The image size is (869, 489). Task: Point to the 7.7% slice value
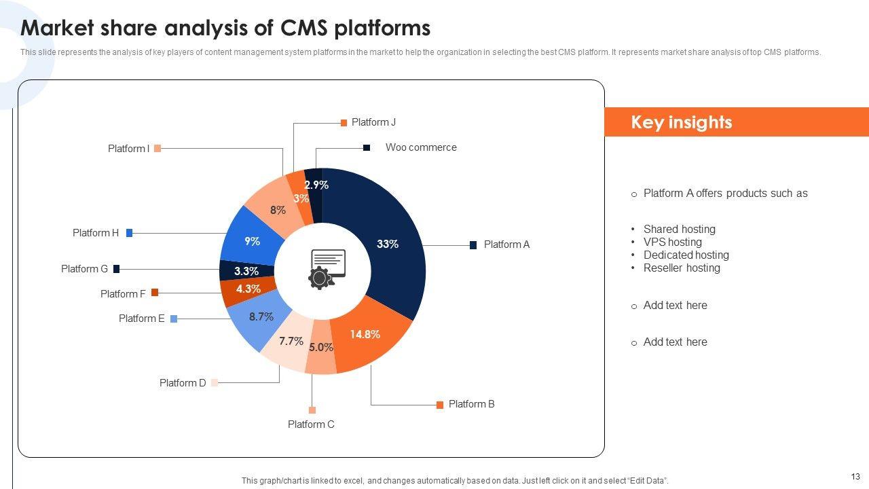(291, 341)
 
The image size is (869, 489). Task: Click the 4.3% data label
(248, 289)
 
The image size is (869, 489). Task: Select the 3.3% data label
(246, 271)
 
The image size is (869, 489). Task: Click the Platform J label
(373, 122)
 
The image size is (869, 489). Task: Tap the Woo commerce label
(421, 147)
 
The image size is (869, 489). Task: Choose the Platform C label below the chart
(311, 424)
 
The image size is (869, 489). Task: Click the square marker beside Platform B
(440, 405)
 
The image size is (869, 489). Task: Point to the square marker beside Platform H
(129, 233)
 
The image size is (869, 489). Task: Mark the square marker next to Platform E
(174, 319)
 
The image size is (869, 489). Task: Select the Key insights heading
(682, 122)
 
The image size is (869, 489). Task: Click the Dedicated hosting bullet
(686, 255)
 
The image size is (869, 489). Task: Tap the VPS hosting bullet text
(672, 242)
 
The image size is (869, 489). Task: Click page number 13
(855, 476)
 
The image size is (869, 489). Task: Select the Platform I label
(128, 149)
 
